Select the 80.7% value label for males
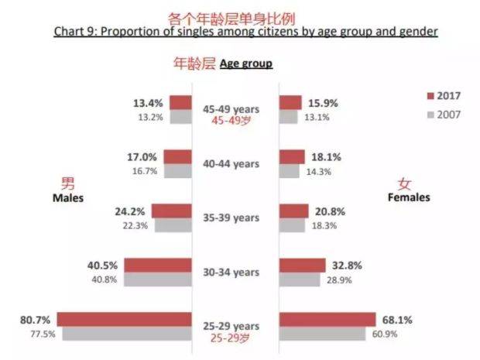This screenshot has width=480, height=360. pos(36,318)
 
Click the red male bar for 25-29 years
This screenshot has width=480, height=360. pos(124,319)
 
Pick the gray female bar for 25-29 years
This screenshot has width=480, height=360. pos(322,334)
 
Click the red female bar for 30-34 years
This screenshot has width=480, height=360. pos(307,265)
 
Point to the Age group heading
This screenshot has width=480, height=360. pos(246,63)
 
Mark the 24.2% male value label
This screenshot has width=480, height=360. pos(132,210)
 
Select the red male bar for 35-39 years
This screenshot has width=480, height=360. pos(171,211)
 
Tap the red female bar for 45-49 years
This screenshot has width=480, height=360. pos(290,102)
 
